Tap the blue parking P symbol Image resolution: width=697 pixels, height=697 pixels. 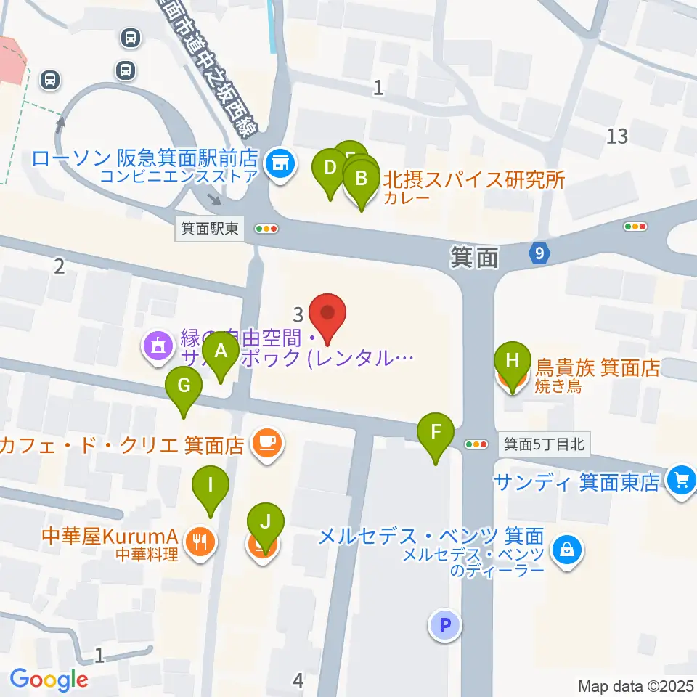(445, 624)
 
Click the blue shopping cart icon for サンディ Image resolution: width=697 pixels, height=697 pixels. (680, 480)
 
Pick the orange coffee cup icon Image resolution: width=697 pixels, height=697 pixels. (266, 444)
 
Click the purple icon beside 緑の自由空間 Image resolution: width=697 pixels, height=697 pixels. (158, 347)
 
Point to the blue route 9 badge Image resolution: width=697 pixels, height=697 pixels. (537, 253)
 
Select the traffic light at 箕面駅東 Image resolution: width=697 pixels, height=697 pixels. (266, 229)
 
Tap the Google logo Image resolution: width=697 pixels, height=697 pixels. (49, 680)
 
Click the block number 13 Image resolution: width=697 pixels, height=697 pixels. (618, 136)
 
